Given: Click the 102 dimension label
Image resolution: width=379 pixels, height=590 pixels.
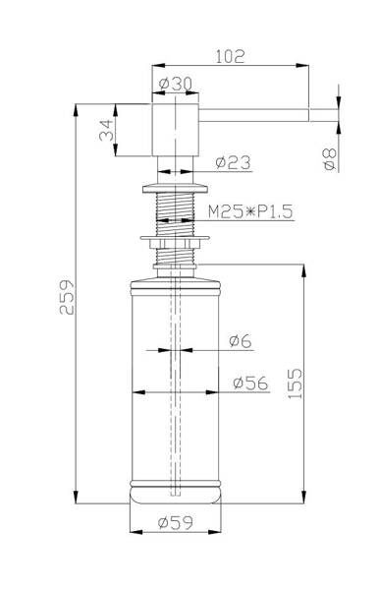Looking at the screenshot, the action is [230, 56].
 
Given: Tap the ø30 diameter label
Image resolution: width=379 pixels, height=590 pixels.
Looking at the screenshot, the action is [175, 84].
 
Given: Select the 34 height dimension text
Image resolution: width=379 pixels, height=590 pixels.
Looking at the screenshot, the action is [106, 130].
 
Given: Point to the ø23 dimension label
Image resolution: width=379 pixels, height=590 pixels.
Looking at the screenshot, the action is [233, 162].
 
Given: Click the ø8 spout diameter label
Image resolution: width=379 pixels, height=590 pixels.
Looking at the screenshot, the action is [330, 158].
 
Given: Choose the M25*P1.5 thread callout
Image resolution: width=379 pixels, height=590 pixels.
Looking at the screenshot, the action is [250, 211].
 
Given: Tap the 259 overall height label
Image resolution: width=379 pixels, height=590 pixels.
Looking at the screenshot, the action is [67, 297].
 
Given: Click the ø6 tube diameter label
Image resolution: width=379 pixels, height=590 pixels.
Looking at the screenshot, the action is [241, 341].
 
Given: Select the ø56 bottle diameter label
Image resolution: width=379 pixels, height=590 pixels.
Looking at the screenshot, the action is [250, 383].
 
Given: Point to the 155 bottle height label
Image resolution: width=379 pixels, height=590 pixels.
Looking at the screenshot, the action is [295, 383].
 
